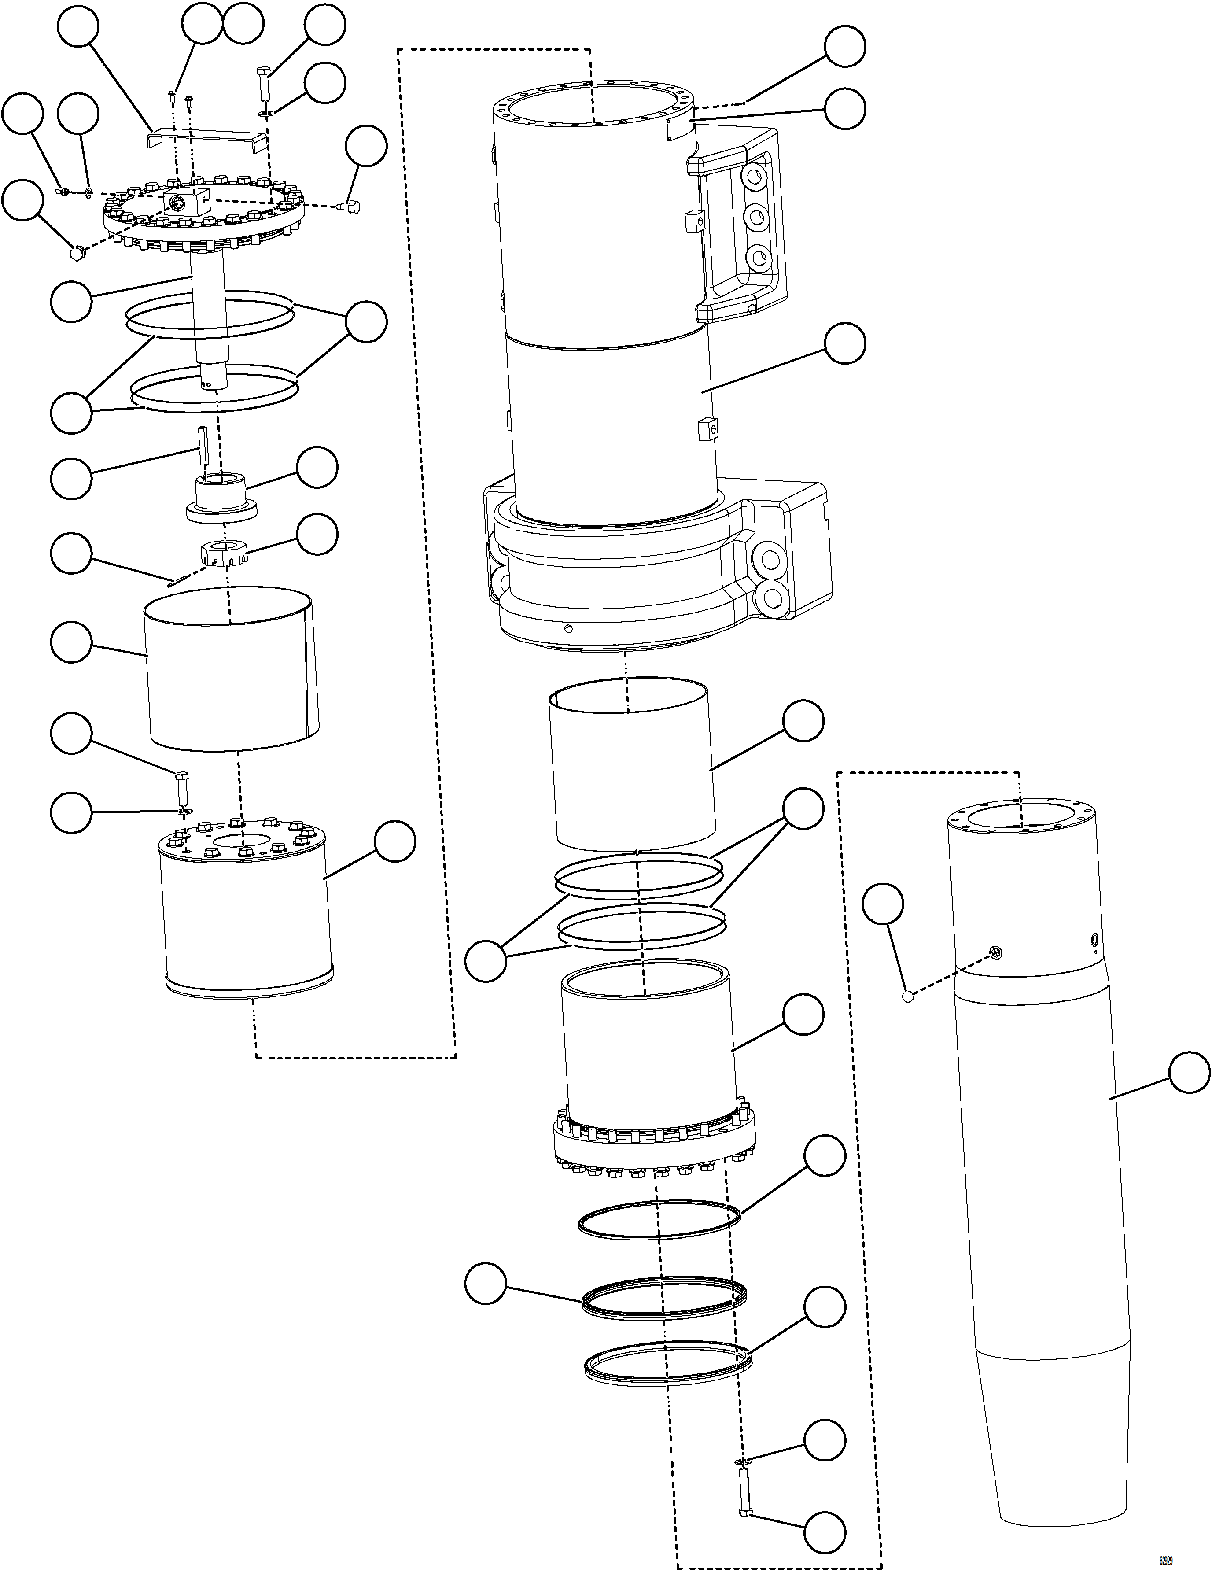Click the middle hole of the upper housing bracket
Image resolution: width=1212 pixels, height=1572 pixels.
(756, 214)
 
